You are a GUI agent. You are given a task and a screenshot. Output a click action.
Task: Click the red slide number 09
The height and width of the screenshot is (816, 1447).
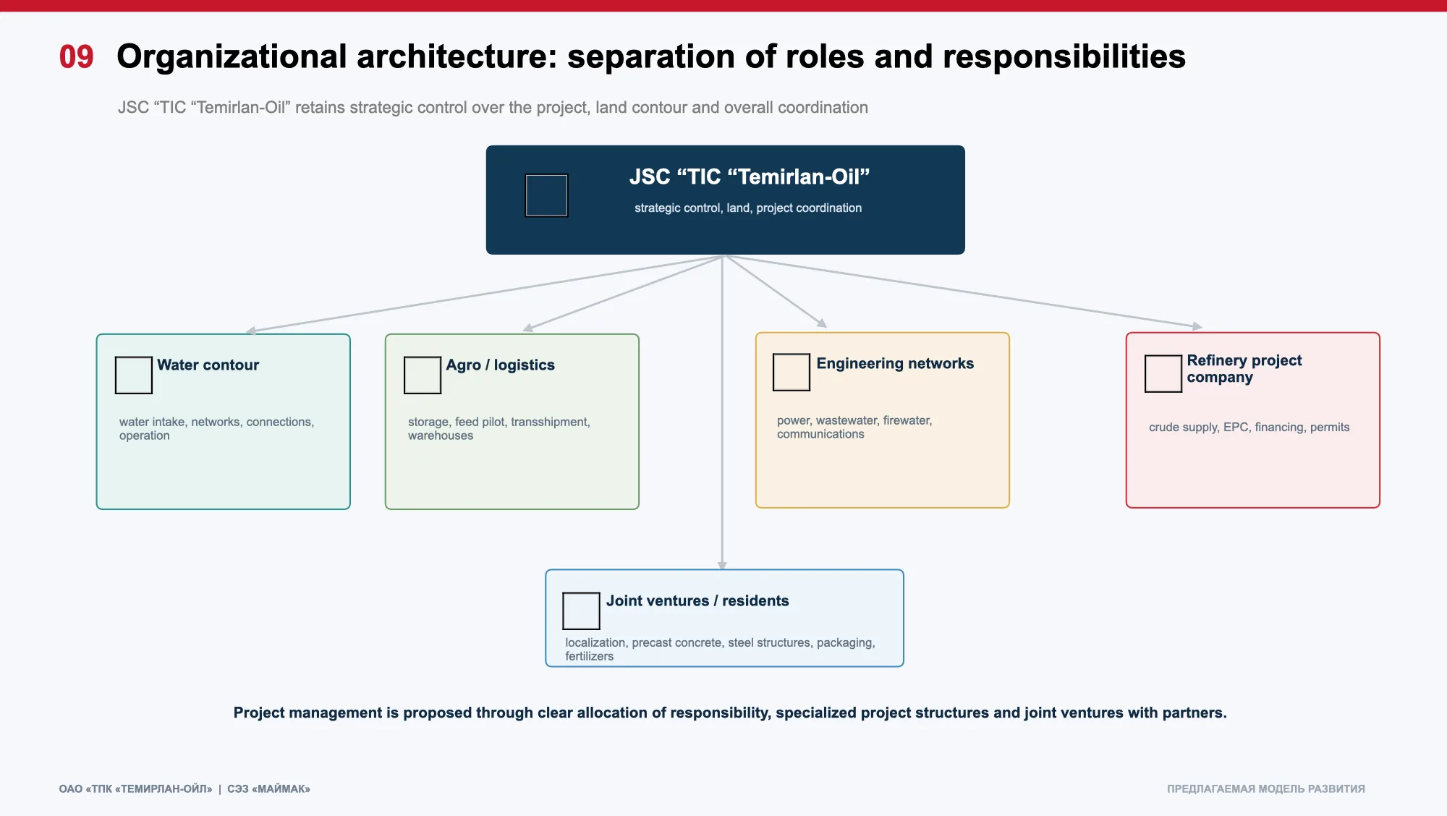[76, 56]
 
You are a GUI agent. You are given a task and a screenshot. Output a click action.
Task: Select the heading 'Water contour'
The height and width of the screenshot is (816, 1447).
[208, 365]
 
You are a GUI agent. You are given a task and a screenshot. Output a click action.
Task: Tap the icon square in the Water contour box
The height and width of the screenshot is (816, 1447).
[134, 375]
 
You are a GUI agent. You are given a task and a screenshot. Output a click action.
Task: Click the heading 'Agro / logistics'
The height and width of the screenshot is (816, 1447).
[500, 365]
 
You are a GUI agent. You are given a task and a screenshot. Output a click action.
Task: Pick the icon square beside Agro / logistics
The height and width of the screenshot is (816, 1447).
[423, 375]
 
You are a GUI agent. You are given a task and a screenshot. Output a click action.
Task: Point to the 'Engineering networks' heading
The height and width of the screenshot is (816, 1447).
[895, 363]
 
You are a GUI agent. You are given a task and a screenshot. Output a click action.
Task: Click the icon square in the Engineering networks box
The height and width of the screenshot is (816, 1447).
[792, 373]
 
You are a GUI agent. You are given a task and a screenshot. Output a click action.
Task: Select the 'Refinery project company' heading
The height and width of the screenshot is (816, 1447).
[1244, 368]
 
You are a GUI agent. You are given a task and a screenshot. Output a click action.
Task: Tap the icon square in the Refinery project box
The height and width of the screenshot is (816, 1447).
[1163, 374]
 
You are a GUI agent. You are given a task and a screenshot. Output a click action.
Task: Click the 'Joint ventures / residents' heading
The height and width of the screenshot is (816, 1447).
[697, 600]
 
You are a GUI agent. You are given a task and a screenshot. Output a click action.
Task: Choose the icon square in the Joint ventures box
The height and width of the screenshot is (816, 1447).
[581, 611]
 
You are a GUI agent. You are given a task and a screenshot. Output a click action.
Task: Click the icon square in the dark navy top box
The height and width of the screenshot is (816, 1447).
[546, 195]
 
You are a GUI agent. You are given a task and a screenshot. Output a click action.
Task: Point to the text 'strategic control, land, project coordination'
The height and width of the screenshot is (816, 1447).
[748, 208]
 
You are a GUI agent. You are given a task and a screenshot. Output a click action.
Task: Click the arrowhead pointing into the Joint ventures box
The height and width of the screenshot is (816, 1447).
[722, 565]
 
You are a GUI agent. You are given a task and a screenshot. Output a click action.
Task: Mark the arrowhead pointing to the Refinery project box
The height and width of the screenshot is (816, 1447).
[1197, 326]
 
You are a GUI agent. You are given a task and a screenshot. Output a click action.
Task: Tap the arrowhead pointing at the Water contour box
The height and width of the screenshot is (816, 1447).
[251, 331]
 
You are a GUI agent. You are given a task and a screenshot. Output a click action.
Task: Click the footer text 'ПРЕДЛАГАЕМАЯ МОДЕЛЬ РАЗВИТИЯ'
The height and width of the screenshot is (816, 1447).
[1265, 789]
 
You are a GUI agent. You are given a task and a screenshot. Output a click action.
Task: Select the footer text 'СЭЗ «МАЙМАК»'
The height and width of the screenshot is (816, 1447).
[268, 789]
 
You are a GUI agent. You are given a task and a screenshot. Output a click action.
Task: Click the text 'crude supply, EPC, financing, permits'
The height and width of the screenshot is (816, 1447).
[1249, 427]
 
